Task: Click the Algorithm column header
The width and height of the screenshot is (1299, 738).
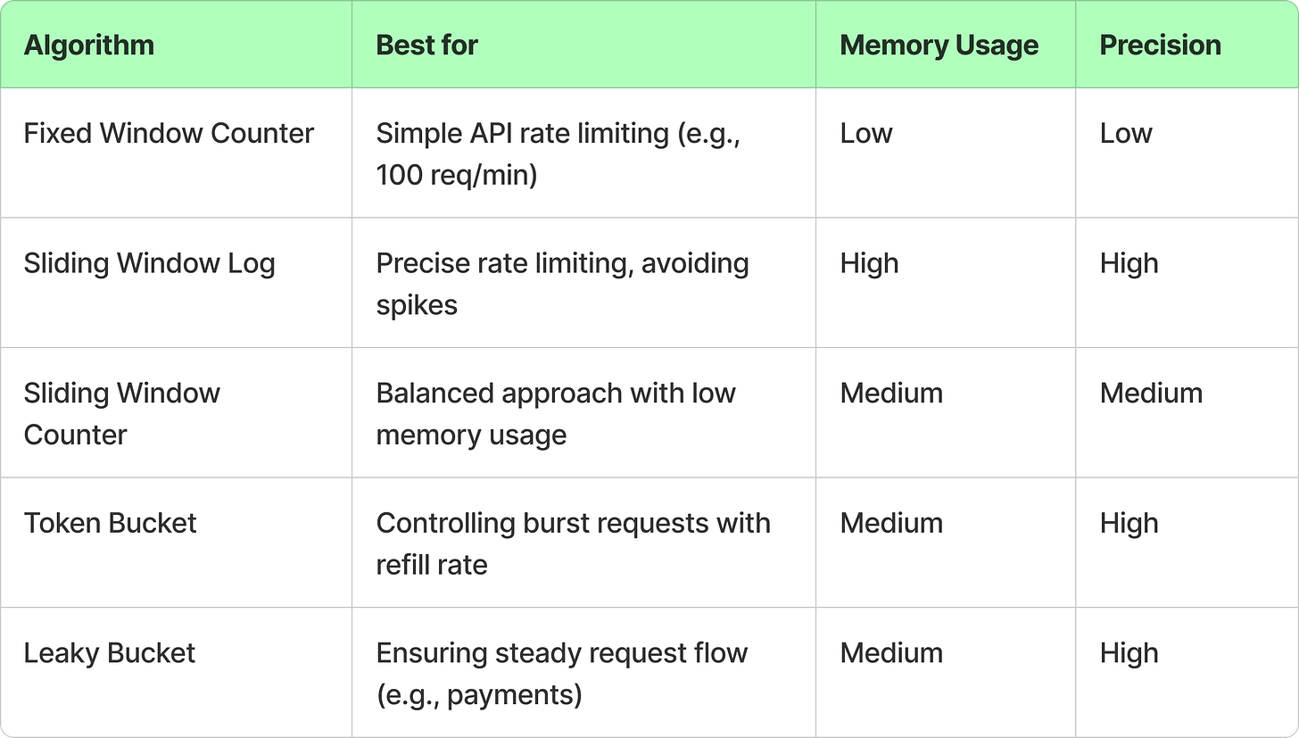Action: pyautogui.click(x=89, y=46)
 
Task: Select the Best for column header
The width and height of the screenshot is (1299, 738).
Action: pyautogui.click(x=427, y=46)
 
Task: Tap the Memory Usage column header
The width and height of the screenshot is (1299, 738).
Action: pyautogui.click(x=939, y=46)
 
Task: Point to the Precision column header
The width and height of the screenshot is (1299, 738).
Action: pyautogui.click(x=1160, y=46)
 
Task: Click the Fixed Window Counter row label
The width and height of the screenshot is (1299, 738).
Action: pyautogui.click(x=169, y=134)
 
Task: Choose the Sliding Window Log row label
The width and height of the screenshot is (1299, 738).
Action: pyautogui.click(x=149, y=264)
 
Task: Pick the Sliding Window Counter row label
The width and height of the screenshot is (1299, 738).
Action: pyautogui.click(x=121, y=414)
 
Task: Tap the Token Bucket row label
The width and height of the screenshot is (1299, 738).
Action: pyautogui.click(x=110, y=523)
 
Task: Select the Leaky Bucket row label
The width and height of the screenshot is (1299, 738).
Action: pyautogui.click(x=109, y=653)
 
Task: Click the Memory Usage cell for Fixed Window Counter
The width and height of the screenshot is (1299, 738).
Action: pyautogui.click(x=866, y=134)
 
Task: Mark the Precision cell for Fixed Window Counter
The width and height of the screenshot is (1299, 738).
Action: pyautogui.click(x=1126, y=134)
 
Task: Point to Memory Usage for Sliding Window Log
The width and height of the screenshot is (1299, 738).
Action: pyautogui.click(x=869, y=264)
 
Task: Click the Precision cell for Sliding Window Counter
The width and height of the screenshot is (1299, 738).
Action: pyautogui.click(x=1151, y=394)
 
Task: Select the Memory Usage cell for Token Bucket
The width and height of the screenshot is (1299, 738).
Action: pyautogui.click(x=891, y=523)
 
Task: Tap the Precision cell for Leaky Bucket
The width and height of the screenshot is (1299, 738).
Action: pyautogui.click(x=1129, y=653)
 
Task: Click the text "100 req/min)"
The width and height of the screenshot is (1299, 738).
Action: pyautogui.click(x=456, y=175)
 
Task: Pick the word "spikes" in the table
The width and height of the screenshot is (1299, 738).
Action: pyautogui.click(x=417, y=305)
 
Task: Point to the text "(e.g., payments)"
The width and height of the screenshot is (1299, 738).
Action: pyautogui.click(x=479, y=694)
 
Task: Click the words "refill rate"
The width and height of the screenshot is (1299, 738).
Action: pyautogui.click(x=431, y=565)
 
